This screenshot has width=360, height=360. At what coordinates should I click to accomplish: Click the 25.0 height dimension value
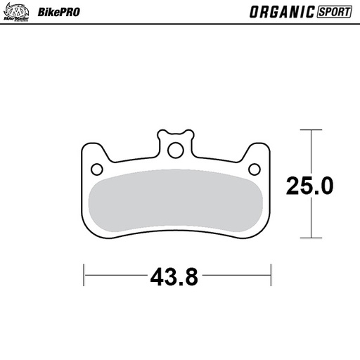pyautogui.click(x=309, y=186)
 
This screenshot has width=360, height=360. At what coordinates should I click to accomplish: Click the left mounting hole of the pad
pyautogui.click(x=98, y=168)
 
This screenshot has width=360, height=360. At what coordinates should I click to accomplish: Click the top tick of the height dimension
pyautogui.click(x=311, y=130)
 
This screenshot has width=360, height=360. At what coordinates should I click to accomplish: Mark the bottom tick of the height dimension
pyautogui.click(x=311, y=238)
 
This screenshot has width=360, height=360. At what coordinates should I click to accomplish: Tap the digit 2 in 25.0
pyautogui.click(x=294, y=186)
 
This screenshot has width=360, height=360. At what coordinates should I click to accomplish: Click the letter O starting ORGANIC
pyautogui.click(x=254, y=12)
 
